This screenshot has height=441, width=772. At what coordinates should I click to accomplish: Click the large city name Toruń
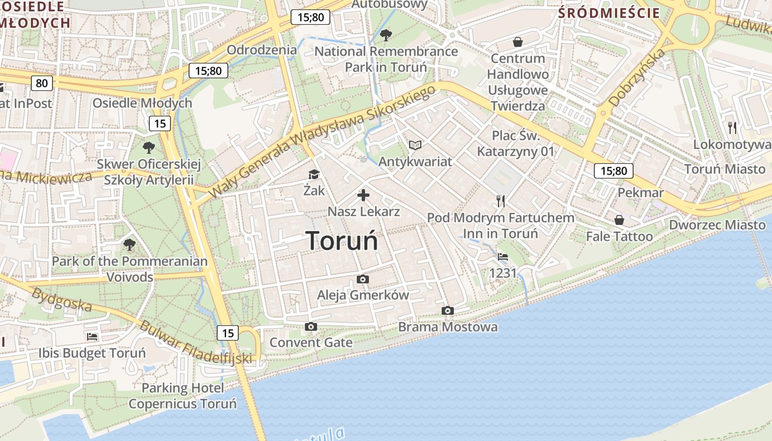pos(342,241)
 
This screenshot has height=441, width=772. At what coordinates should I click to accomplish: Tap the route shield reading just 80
pos(42,83)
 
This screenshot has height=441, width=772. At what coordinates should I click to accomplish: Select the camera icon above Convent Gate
pos(311,327)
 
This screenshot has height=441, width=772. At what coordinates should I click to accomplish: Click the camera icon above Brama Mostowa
pos(448,311)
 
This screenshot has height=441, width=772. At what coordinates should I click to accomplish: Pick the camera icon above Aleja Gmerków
pos(363,279)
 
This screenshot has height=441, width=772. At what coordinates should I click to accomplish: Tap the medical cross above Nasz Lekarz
pos(363,195)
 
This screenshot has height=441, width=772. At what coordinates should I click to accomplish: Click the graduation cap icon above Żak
pos(314,175)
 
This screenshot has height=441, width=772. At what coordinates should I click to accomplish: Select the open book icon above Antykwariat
pos(415,145)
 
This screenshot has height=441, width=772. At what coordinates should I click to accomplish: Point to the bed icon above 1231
pos(503,257)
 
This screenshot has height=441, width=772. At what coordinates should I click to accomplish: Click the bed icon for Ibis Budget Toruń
pos(92,337)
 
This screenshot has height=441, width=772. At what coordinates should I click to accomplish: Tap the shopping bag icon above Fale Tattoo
pos(619,220)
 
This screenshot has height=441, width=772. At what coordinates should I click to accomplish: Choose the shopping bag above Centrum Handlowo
pos(518,42)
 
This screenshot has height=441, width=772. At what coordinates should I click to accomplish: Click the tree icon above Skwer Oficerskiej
pos(148,148)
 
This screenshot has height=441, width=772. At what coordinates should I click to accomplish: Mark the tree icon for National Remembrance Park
pos(386,35)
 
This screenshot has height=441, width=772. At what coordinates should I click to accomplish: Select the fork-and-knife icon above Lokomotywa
pos(732,128)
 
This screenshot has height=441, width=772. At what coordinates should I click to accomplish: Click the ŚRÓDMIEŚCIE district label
pos(609,13)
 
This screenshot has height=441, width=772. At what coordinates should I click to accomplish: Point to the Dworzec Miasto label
pos(717,225)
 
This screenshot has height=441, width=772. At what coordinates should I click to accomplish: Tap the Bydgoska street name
pos(61,300)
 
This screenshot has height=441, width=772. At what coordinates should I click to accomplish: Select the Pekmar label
pos(640,193)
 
